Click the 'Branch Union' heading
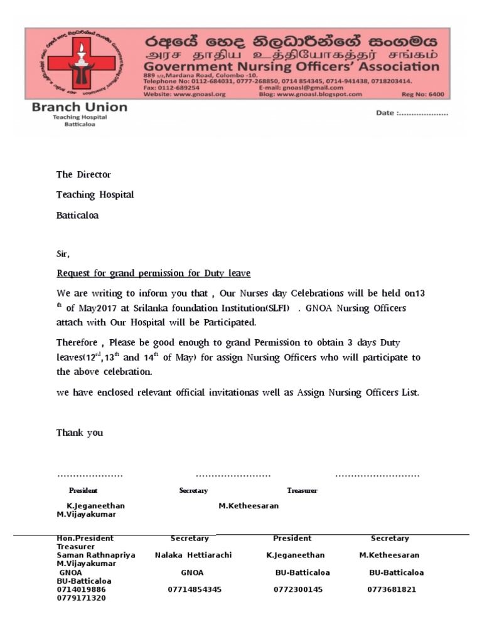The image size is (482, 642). pos(79,107)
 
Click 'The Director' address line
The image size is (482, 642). pos(83,175)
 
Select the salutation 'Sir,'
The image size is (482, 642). pos(63,255)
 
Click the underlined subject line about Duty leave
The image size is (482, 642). pos(154,273)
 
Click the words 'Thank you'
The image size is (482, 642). pos(80,433)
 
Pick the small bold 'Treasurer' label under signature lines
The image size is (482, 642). pos(302,490)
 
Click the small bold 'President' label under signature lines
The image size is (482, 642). pos(83,490)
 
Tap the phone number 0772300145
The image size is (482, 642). pos(294,589)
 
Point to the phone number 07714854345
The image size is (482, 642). pos(195,589)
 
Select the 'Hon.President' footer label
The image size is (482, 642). pos(85,539)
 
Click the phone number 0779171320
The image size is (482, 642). pos(81,598)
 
